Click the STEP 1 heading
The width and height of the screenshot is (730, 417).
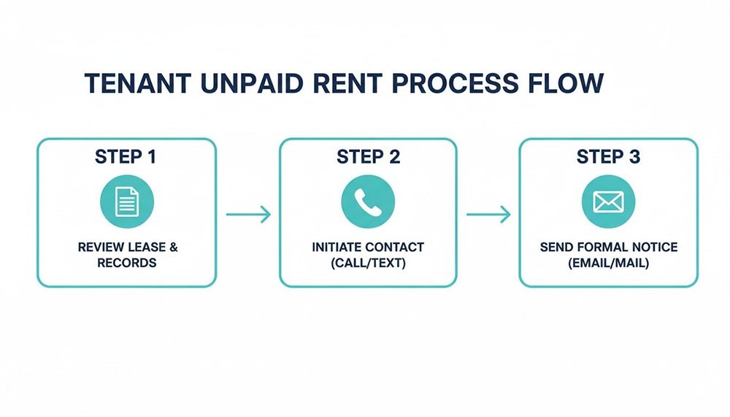coord(126,157)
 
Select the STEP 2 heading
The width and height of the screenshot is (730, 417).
coord(368,157)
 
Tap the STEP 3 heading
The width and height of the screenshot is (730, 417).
coord(608,157)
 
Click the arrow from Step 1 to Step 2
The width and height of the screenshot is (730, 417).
coord(248,214)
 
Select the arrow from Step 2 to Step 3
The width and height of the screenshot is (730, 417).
coord(488,214)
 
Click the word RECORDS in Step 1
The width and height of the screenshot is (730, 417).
coord(127,263)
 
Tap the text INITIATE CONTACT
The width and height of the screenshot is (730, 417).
coord(368,248)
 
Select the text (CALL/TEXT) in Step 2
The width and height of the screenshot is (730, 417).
coord(368,263)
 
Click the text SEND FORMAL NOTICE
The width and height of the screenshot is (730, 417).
coord(608,248)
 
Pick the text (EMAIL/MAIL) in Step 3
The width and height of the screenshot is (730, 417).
coord(608,263)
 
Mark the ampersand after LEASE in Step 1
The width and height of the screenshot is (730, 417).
coord(172,248)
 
